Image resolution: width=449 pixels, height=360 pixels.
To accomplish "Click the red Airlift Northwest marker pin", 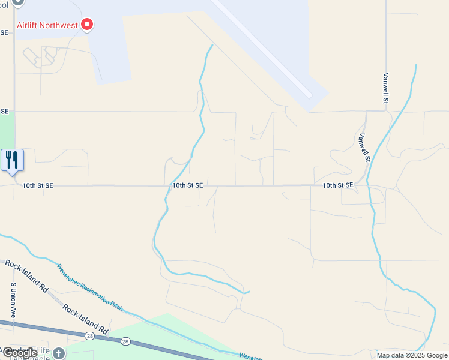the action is click(x=88, y=25).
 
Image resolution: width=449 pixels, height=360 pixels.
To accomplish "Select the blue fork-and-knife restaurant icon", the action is click(x=12, y=160).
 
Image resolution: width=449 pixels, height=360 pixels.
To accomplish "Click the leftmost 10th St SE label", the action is click(x=38, y=186).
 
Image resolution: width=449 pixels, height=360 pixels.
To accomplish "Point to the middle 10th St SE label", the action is click(x=187, y=186).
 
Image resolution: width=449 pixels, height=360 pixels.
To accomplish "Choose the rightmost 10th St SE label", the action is click(x=337, y=186).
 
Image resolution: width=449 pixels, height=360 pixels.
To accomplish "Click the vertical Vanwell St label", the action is click(x=385, y=88).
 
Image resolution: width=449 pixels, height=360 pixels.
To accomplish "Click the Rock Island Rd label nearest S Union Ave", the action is click(x=26, y=275).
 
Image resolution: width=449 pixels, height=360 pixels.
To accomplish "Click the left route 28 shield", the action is click(x=89, y=336).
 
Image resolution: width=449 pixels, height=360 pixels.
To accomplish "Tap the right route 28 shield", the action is click(x=125, y=341).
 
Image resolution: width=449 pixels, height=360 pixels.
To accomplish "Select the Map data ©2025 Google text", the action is click(x=412, y=355).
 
